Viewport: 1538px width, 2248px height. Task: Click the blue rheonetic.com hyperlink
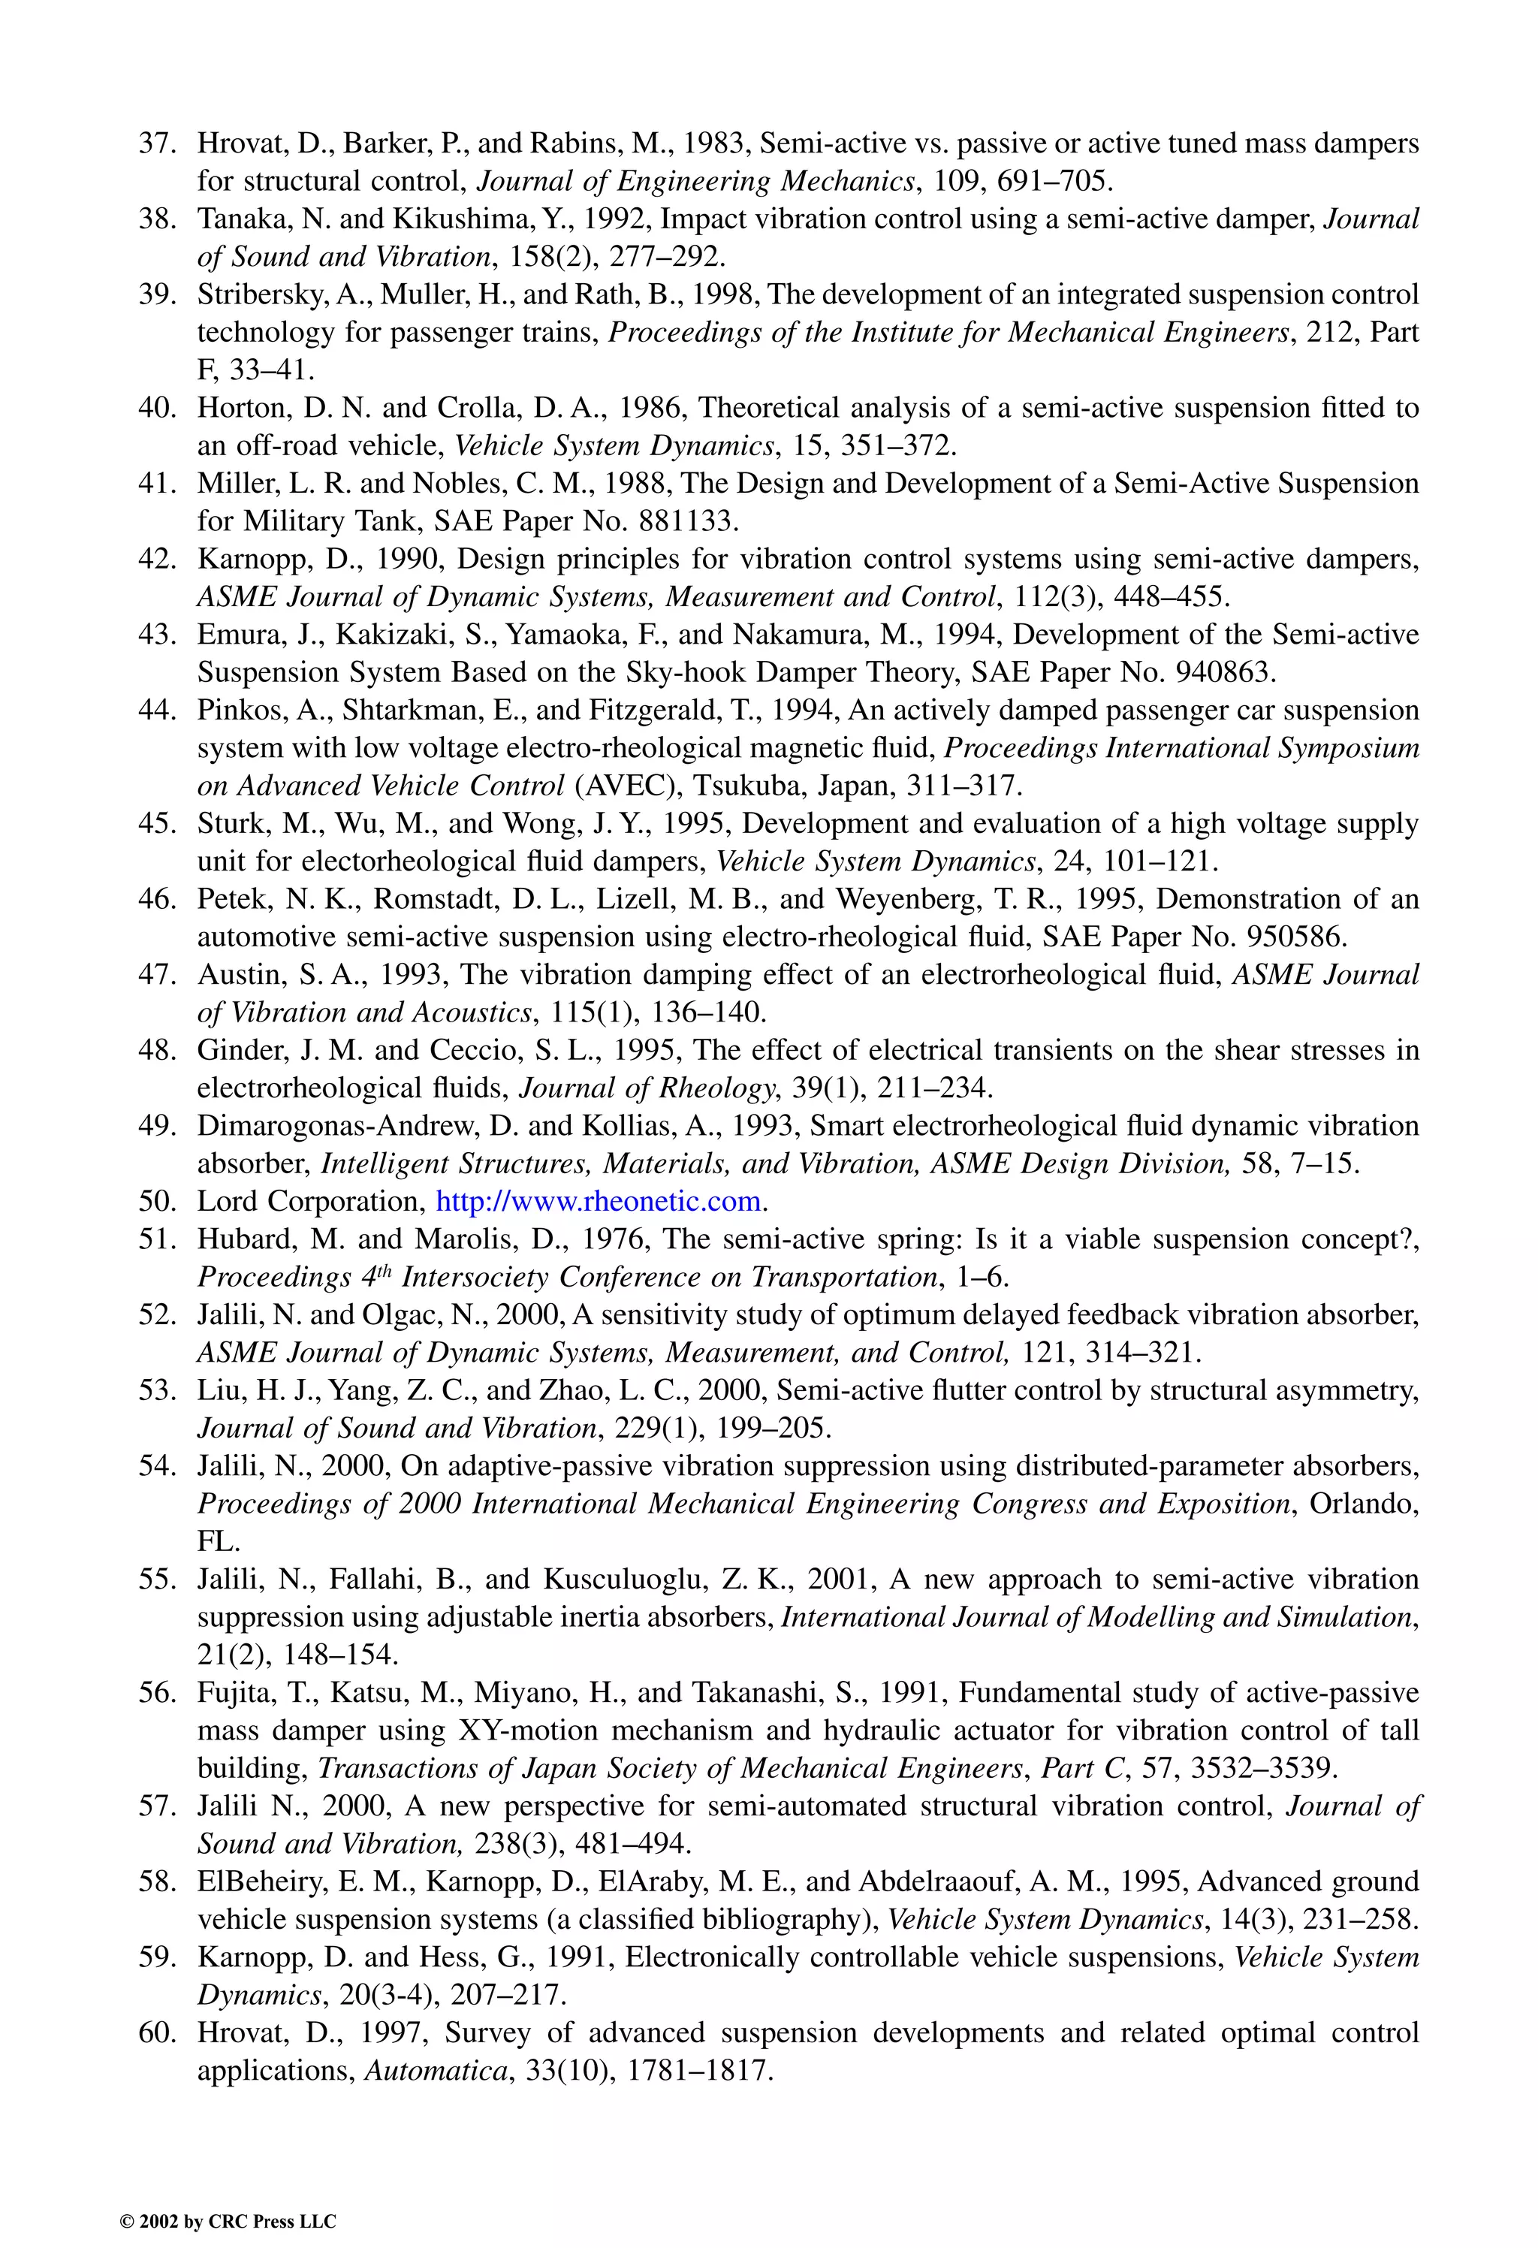(599, 1202)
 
